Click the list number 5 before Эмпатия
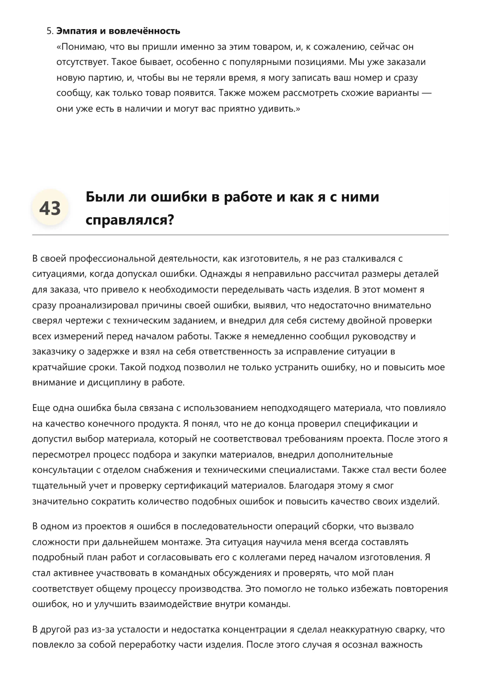coord(49,31)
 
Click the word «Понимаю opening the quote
coord(81,47)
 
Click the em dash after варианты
coord(426,93)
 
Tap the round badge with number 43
coord(50,209)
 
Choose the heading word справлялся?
coord(130,220)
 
